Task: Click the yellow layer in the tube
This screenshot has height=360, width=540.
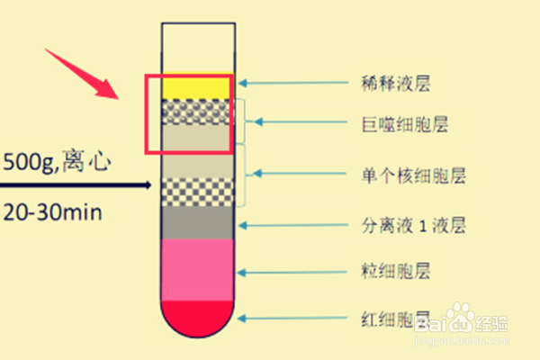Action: click(x=198, y=86)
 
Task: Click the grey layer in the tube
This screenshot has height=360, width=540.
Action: click(x=198, y=223)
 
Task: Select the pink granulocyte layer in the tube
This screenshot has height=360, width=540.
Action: click(x=198, y=268)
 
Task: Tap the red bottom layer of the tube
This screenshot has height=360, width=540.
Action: click(x=198, y=315)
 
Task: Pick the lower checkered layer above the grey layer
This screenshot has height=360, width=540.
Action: click(x=198, y=193)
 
